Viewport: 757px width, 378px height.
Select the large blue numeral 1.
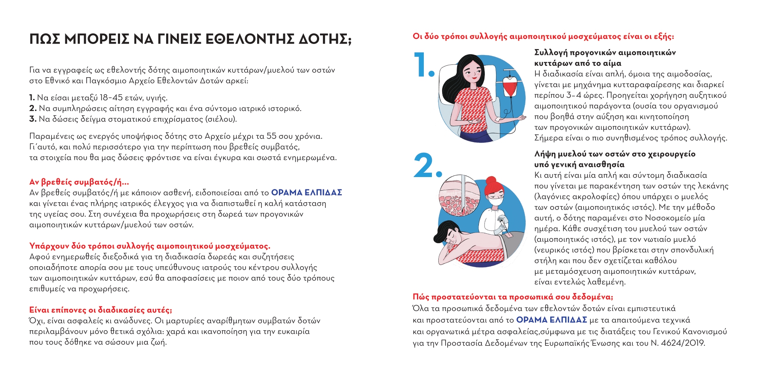[423, 65]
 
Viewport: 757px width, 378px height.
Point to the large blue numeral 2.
[427, 166]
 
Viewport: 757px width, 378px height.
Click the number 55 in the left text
[271, 137]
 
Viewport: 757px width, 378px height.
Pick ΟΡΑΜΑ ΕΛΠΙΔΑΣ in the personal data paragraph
[551, 320]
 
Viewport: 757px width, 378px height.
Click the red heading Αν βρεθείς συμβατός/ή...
[79, 182]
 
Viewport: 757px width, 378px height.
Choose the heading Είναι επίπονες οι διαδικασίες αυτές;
[100, 310]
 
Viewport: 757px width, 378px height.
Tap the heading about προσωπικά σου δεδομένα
[513, 297]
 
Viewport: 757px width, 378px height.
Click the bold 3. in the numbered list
[33, 119]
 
